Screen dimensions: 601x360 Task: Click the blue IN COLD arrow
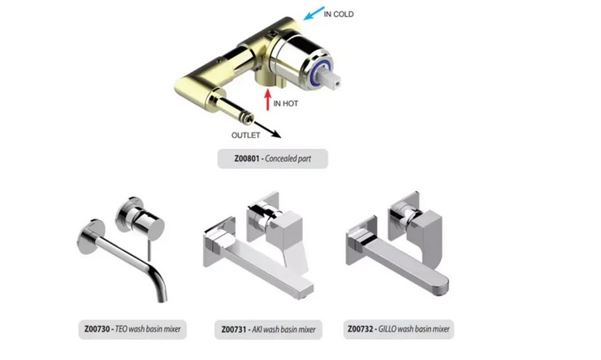coord(314,13)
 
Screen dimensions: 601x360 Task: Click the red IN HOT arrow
coord(268,99)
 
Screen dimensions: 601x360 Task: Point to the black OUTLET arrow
coord(266,128)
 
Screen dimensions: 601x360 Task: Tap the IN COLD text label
coord(339,14)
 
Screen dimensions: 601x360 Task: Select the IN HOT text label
coord(286,103)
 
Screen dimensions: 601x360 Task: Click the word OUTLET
coord(246,136)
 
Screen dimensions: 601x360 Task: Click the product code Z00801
coord(247,158)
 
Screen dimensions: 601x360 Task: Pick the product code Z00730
coord(97,329)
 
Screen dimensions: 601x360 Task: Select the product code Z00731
coord(234,329)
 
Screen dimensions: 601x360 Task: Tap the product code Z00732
coord(361,329)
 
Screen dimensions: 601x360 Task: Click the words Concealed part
coord(288,158)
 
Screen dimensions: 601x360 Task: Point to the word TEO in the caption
coord(121,329)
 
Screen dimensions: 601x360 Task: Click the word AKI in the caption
coord(257,329)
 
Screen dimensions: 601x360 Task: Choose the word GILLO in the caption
coord(387,329)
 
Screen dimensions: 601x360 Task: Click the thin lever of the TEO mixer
coord(149,251)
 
